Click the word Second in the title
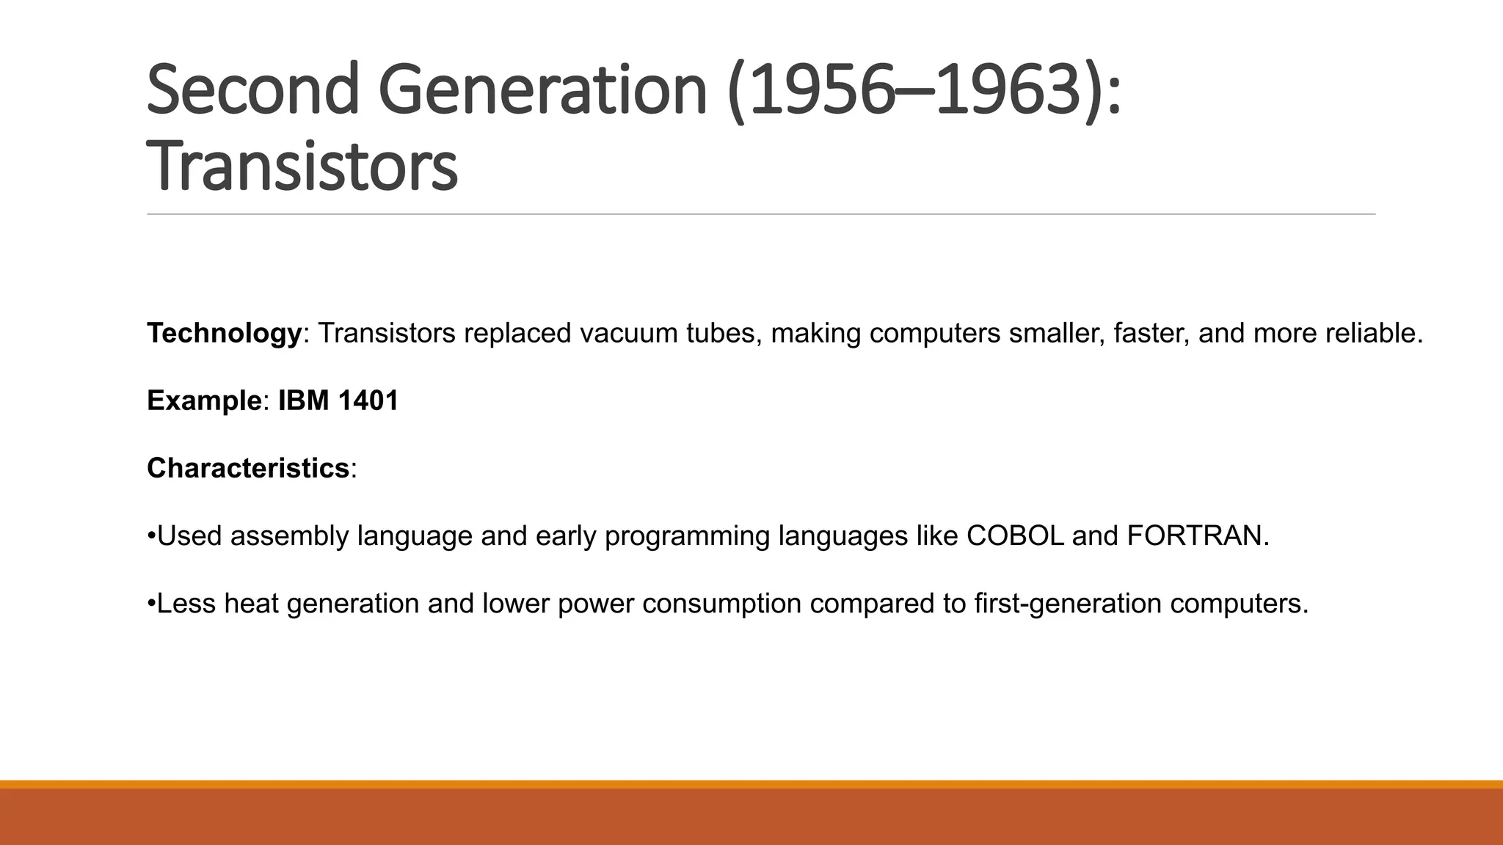[x=252, y=90]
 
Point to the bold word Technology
[x=224, y=334]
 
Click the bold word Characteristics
[x=248, y=469]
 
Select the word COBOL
[x=1014, y=536]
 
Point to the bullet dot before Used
[x=151, y=536]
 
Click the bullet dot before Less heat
[x=151, y=604]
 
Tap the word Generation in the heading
[x=542, y=90]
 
